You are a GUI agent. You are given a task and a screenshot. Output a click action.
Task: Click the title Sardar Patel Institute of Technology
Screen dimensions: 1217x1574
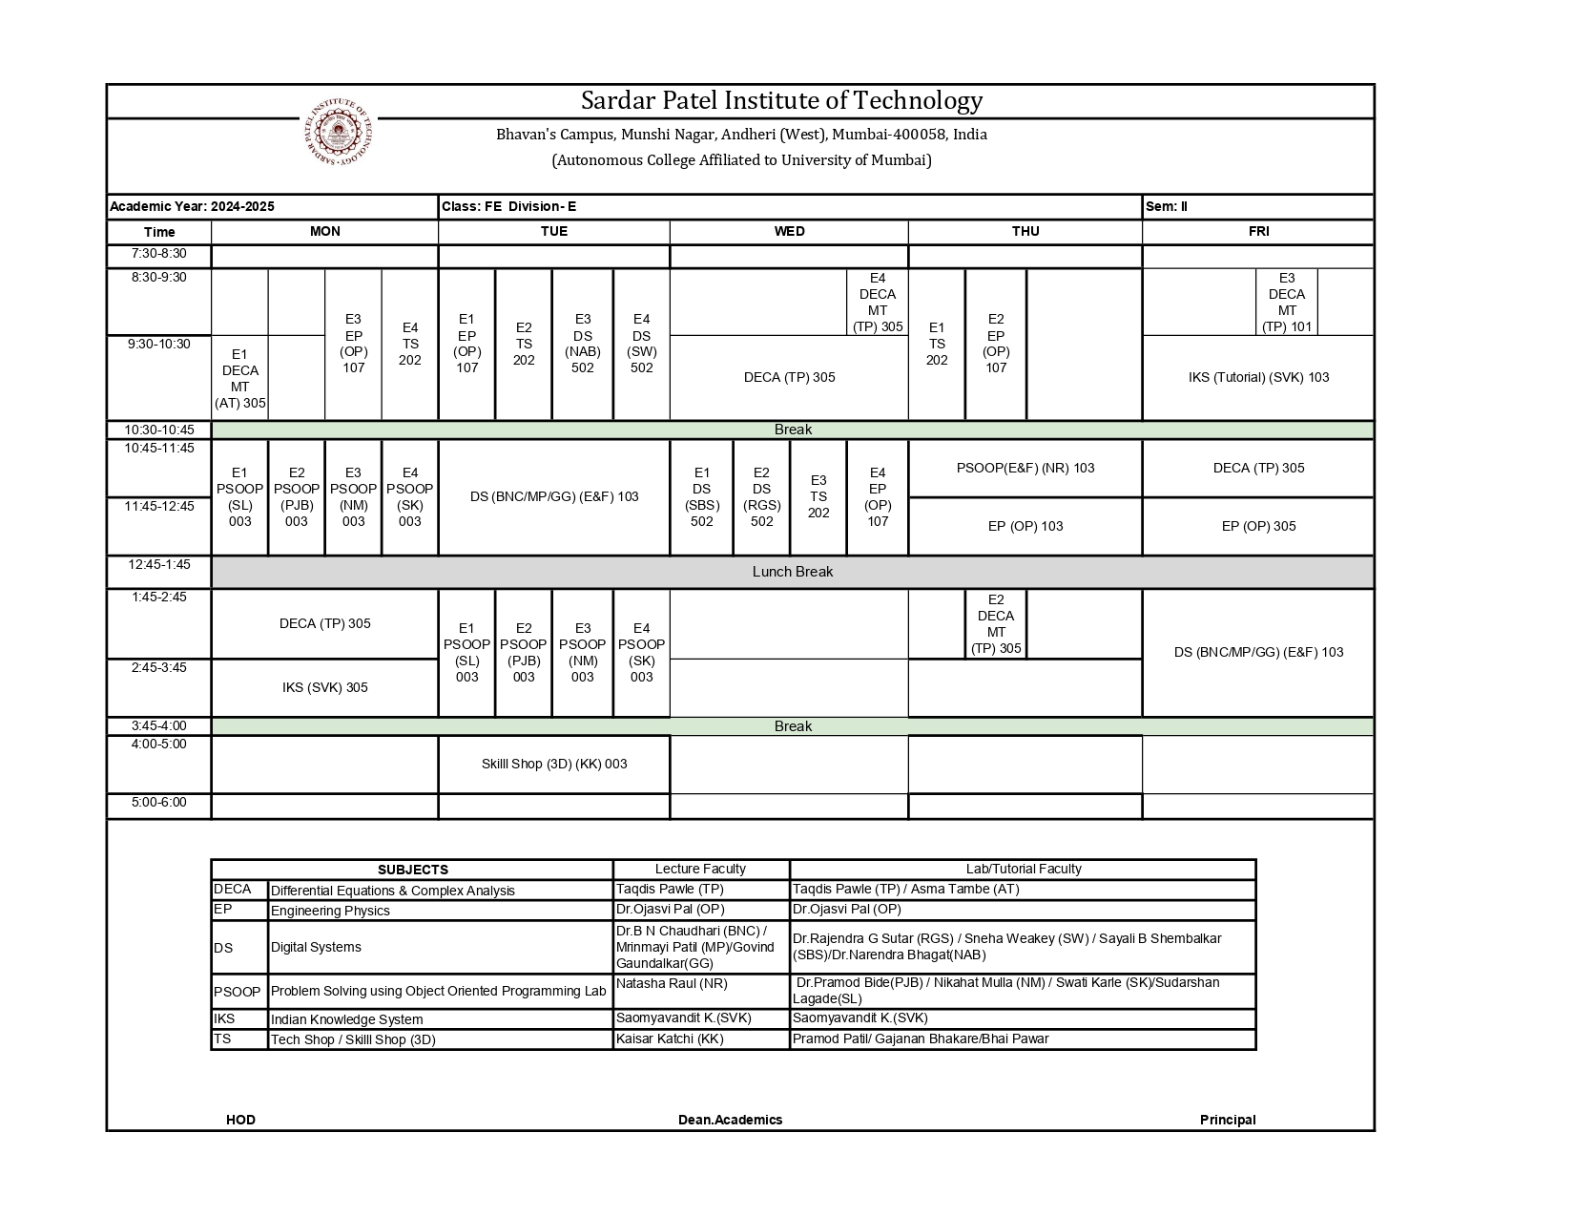click(781, 101)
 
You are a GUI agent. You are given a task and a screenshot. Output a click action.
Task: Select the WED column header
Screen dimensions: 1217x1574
click(789, 232)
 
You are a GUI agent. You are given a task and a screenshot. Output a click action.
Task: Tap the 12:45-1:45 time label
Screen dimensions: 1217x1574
click(159, 564)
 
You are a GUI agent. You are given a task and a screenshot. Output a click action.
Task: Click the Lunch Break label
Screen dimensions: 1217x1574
click(792, 572)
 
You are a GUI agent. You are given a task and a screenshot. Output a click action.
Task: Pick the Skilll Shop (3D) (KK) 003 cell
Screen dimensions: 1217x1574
click(553, 764)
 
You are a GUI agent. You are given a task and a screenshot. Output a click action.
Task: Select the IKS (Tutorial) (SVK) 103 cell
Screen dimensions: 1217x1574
click(1257, 377)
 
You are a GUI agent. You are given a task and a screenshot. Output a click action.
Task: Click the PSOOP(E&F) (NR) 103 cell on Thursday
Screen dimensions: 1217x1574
click(1025, 468)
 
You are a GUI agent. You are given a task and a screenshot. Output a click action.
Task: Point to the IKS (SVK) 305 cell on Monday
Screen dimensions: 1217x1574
click(324, 687)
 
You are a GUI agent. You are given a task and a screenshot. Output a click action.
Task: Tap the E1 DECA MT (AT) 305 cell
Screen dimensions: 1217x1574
click(239, 378)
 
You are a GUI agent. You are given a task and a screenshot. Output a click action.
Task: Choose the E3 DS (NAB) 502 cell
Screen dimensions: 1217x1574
click(582, 344)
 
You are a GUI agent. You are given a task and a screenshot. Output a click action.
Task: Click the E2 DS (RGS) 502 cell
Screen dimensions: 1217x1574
click(760, 496)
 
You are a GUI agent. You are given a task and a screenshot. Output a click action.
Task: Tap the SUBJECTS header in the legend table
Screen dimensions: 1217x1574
click(412, 870)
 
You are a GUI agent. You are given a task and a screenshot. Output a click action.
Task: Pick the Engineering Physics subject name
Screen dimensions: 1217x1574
click(330, 911)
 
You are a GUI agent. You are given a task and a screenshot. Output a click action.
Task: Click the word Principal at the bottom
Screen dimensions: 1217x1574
click(1227, 1120)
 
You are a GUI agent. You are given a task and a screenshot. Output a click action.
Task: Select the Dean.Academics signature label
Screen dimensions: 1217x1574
click(730, 1120)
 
